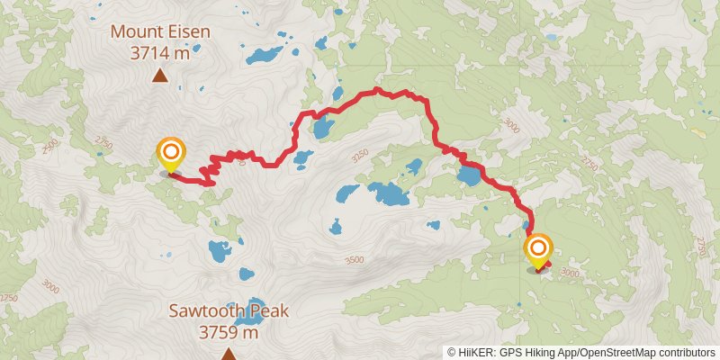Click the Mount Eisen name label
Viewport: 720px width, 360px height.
pos(160,32)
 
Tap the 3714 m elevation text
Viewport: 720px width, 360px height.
pos(160,53)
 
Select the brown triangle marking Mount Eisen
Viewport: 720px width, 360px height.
pos(160,76)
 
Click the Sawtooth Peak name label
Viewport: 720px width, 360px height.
pos(229,311)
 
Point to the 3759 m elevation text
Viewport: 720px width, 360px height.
pos(229,332)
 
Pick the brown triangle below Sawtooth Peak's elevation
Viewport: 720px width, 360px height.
pos(229,353)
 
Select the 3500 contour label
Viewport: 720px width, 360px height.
pos(355,260)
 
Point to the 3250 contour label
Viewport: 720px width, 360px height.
pos(360,155)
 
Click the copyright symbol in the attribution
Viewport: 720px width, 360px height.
pos(452,353)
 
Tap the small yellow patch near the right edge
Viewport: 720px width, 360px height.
pos(697,131)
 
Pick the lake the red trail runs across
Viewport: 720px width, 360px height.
pos(469,174)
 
